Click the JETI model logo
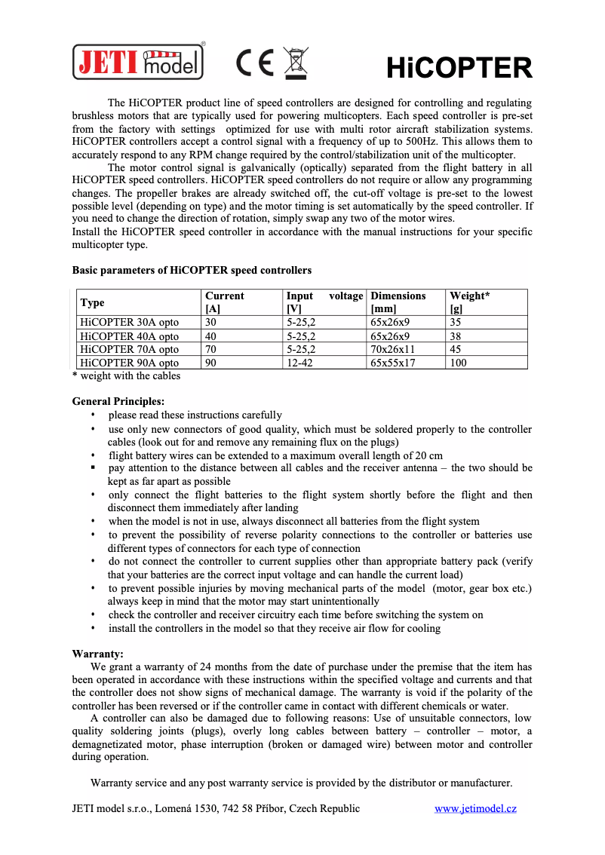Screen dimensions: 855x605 click(138, 62)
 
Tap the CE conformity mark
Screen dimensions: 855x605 click(255, 63)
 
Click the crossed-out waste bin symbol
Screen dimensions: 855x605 click(296, 63)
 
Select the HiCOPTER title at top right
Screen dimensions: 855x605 click(459, 69)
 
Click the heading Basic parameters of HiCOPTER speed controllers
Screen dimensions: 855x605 click(192, 270)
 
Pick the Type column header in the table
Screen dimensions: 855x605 click(92, 302)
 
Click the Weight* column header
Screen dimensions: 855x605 click(469, 296)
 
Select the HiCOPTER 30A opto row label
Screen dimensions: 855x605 click(129, 322)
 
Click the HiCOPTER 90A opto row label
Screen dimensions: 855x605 click(129, 363)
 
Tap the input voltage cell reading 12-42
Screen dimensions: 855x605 click(300, 363)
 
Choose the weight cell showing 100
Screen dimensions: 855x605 click(458, 363)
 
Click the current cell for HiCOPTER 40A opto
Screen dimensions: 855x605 click(210, 336)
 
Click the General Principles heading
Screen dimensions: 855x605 click(118, 401)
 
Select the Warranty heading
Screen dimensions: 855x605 click(97, 654)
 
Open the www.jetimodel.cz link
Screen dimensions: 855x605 click(475, 808)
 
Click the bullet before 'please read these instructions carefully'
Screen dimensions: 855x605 click(93, 415)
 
